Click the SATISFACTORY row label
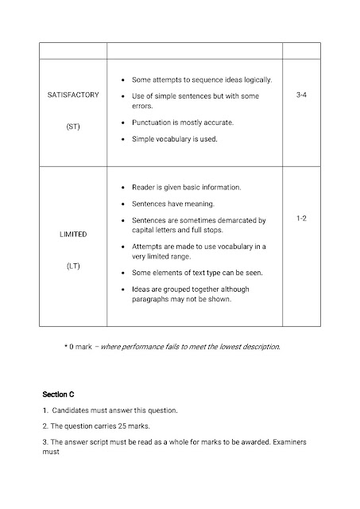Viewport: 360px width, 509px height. click(73, 95)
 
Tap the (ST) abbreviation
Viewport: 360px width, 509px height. click(73, 126)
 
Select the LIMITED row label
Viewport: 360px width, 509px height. click(73, 235)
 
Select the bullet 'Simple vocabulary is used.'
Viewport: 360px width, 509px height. click(173, 138)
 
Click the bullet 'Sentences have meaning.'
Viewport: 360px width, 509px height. click(169, 204)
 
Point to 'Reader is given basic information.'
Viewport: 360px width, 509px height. click(186, 188)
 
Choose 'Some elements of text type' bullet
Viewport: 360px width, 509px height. click(184, 273)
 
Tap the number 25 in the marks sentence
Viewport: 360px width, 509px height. click(121, 427)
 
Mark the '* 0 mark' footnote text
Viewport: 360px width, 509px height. click(79, 347)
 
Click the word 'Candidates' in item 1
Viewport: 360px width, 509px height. click(72, 411)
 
